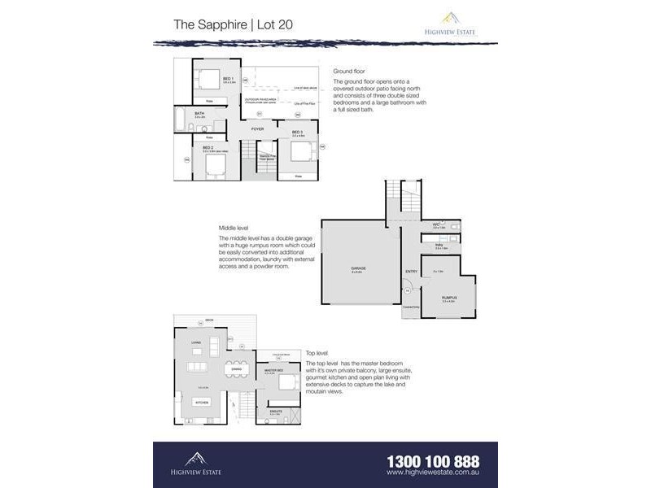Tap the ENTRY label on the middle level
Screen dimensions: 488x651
411,272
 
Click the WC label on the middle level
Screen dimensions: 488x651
436,224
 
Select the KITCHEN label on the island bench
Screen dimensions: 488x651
203,402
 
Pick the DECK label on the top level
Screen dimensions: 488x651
210,320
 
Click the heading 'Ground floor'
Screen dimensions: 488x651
348,71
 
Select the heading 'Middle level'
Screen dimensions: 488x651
234,228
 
